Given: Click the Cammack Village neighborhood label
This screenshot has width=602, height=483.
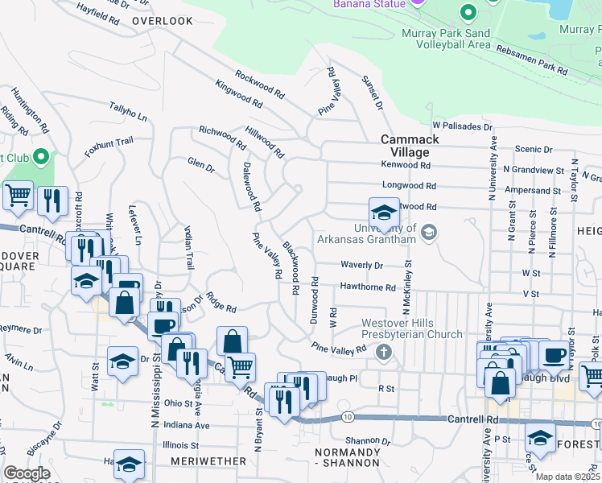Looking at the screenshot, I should pyautogui.click(x=410, y=145).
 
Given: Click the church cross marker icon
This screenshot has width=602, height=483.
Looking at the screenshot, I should pyautogui.click(x=385, y=352).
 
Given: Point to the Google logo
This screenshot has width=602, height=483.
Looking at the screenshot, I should pyautogui.click(x=27, y=473).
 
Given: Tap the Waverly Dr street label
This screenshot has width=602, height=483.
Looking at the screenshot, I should pyautogui.click(x=361, y=265).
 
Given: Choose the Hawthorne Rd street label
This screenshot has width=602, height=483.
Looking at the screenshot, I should pyautogui.click(x=368, y=287).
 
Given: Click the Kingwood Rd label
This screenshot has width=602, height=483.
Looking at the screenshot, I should pyautogui.click(x=238, y=94).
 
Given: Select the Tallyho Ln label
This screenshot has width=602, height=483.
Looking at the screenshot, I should pyautogui.click(x=129, y=112).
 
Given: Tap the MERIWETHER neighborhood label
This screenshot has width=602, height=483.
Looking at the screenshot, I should pyautogui.click(x=208, y=460).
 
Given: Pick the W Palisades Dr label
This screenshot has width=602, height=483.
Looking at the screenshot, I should pyautogui.click(x=462, y=126).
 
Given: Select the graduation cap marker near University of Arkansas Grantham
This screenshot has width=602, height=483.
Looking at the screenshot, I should pyautogui.click(x=385, y=213).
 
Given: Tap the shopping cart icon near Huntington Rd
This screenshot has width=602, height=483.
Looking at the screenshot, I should pyautogui.click(x=18, y=195).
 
